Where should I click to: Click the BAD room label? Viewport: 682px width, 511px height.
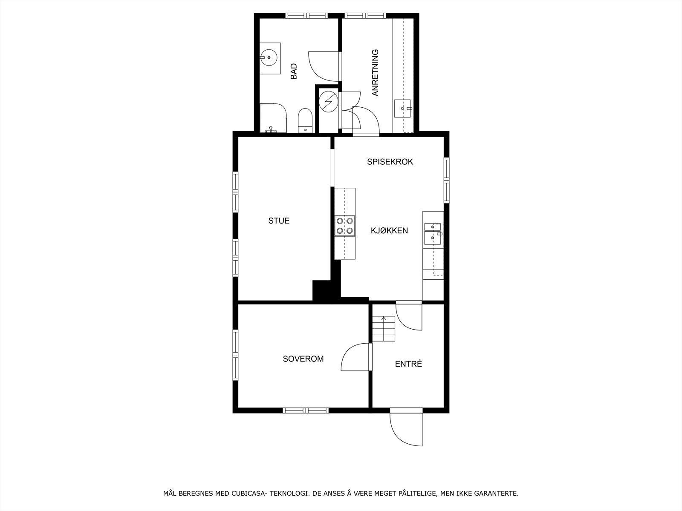click(x=294, y=72)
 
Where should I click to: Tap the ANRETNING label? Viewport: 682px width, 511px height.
click(x=375, y=73)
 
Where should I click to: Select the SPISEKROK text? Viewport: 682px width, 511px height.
click(x=390, y=162)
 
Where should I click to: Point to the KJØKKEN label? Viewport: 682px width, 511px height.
click(x=389, y=231)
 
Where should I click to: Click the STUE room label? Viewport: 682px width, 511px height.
click(x=279, y=221)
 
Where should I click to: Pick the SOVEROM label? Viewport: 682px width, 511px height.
click(x=303, y=359)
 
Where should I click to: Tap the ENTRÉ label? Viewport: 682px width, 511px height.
click(x=408, y=364)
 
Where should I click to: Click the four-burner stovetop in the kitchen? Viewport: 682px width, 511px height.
click(x=345, y=226)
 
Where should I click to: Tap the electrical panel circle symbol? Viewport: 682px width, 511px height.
click(x=329, y=101)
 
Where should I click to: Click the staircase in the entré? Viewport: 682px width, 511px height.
click(x=384, y=329)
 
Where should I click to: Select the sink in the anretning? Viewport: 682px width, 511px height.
click(x=402, y=108)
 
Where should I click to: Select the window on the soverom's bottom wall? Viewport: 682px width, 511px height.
click(x=305, y=411)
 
